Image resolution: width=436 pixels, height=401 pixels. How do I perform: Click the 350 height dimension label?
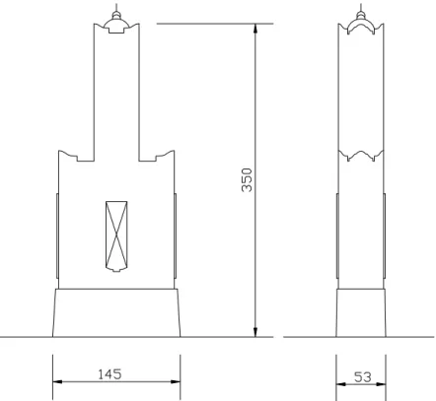click(x=247, y=180)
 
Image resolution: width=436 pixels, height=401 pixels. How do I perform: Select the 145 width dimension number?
click(x=109, y=374)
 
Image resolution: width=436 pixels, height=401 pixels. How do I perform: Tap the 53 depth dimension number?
click(x=363, y=377)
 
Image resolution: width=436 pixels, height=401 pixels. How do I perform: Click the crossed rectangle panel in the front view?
click(x=116, y=236)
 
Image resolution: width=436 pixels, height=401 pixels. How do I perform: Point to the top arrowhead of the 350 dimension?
click(x=255, y=29)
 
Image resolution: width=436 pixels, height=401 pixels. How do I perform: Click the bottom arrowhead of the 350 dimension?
click(x=255, y=332)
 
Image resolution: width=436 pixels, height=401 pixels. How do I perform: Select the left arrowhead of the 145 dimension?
click(x=57, y=381)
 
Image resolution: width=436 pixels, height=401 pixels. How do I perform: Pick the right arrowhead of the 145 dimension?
click(x=176, y=381)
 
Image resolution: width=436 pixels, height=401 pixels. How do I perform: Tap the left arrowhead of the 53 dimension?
click(x=341, y=384)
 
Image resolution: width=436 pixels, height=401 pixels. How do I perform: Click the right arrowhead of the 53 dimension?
click(x=381, y=384)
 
